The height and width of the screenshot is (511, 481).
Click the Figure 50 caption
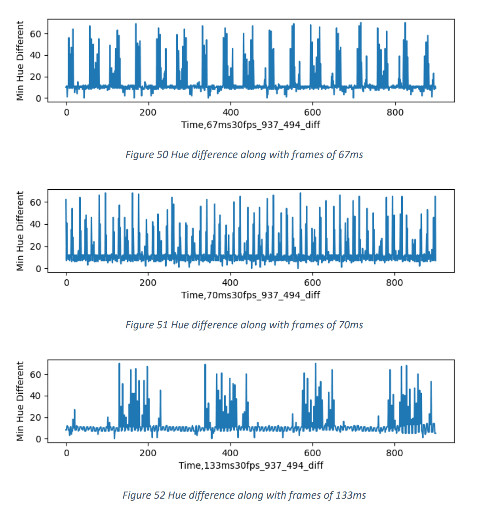(x=244, y=154)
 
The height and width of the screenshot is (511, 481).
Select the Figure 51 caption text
(x=244, y=325)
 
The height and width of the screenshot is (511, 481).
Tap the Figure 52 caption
(x=244, y=495)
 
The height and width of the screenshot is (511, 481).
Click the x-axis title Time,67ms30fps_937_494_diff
(x=250, y=125)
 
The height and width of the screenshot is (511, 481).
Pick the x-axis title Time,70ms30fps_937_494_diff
(x=250, y=295)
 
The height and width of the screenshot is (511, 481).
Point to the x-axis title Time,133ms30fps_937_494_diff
(x=251, y=465)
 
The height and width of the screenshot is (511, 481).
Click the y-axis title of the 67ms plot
(x=20, y=60)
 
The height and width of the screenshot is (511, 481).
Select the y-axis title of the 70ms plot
(x=20, y=231)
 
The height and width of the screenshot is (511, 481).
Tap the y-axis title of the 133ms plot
(x=20, y=401)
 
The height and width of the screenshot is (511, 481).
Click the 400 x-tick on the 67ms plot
(x=230, y=113)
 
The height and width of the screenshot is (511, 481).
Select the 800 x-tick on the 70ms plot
(x=395, y=282)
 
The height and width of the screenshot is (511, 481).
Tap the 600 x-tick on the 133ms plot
(x=312, y=453)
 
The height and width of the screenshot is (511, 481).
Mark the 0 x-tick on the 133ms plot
(x=66, y=453)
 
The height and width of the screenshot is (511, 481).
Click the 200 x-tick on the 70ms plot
(x=148, y=282)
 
